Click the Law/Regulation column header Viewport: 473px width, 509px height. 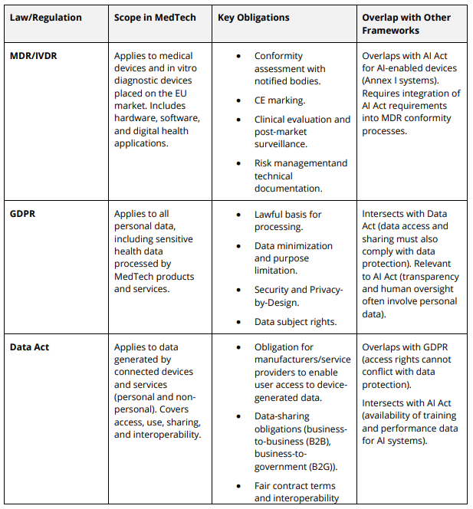[46, 18]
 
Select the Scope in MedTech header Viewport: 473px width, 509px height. [155, 18]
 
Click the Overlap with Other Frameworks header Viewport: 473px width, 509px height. [406, 24]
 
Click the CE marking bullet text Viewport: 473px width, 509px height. [280, 100]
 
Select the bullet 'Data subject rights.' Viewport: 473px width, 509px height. [295, 322]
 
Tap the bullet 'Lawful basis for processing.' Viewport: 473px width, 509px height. [289, 220]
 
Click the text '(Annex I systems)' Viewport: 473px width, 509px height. [399, 80]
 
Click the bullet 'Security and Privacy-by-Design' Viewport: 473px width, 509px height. [299, 296]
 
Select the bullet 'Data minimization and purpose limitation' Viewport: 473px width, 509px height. [294, 258]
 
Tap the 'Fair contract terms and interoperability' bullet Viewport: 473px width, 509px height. [295, 492]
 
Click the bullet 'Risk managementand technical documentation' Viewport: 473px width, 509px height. [301, 176]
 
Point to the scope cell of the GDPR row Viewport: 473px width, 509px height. [154, 251]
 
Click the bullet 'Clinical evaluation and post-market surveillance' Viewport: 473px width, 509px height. [302, 131]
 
